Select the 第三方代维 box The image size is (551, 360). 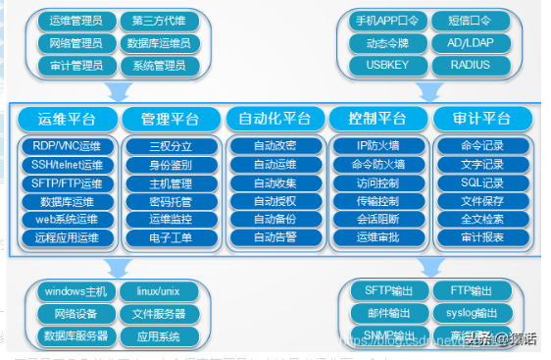pos(160,20)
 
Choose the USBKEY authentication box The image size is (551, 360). pos(386,65)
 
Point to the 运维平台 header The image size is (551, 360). pos(66,120)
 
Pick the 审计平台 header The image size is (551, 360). pos(481,120)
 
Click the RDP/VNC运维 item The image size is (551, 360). pos(67,145)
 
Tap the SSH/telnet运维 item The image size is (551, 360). pos(67,164)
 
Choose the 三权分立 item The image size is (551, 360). pos(170,145)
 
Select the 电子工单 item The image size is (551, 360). pos(170,236)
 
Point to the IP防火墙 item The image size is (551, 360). pos(377,145)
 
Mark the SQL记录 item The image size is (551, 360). pos(481,182)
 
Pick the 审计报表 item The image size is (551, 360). pos(481,236)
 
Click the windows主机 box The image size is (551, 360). pos(76,291)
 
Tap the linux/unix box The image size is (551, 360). pos(160,291)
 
